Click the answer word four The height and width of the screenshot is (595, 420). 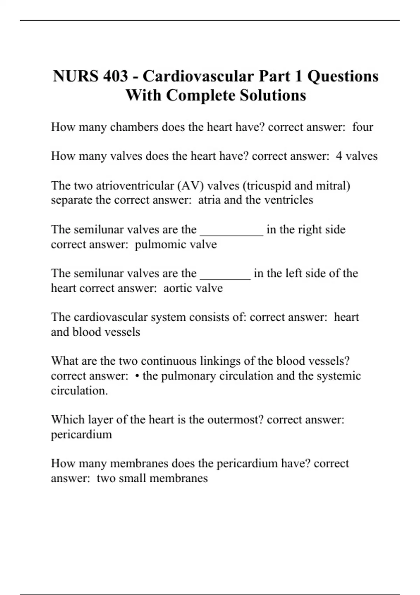[363, 127]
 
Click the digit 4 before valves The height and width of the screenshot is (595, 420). [339, 156]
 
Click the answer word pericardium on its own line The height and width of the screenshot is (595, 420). [82, 434]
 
